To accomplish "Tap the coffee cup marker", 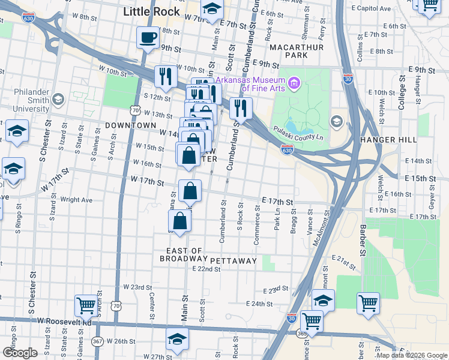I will point(148,39).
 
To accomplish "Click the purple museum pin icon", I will point(294,83).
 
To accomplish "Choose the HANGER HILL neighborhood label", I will point(388,140).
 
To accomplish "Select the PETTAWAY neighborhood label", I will point(234,261).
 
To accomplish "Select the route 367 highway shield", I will point(97,341).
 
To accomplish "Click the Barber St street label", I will point(363,245).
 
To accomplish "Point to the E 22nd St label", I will point(206,269).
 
